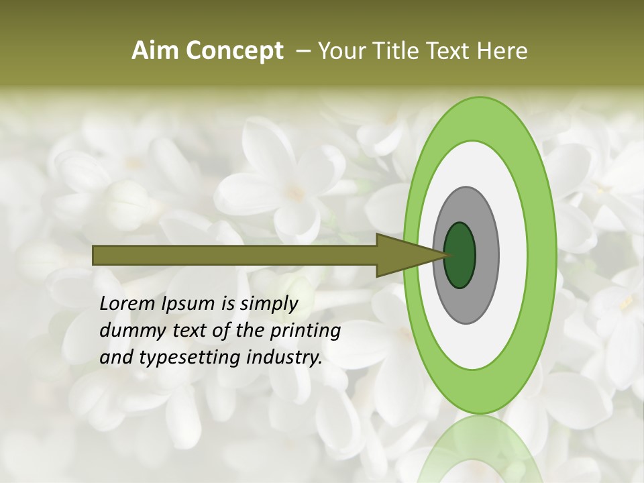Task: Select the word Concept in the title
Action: coord(234,52)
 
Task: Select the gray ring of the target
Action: coord(486,256)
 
